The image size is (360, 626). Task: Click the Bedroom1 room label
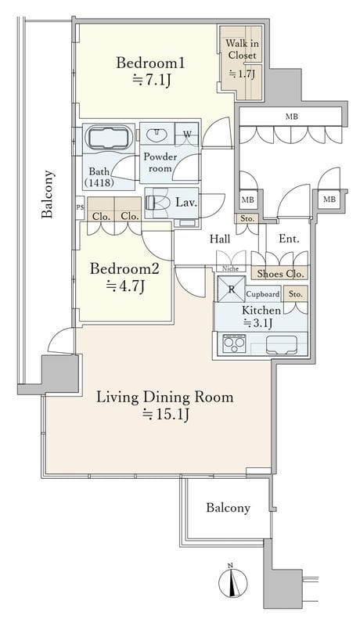coord(150,63)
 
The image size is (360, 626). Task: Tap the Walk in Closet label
coord(243,49)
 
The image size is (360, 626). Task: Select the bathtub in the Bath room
coord(108,139)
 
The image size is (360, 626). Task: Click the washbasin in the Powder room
coord(157,135)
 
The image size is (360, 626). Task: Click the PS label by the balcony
coord(80,207)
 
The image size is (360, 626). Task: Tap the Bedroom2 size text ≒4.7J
coord(124,286)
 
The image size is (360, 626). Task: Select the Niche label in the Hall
coord(230,268)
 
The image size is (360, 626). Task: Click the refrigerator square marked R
coord(232,290)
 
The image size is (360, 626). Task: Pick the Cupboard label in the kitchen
coord(263,294)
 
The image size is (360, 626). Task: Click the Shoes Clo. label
coord(281,274)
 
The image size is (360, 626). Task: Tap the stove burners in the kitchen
coord(234,343)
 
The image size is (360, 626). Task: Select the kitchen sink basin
coord(282,344)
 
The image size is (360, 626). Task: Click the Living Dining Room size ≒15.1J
coord(165,415)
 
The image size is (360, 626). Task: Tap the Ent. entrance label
coord(289,239)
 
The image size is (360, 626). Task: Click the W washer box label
coord(187,135)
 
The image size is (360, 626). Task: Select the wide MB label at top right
coord(292,117)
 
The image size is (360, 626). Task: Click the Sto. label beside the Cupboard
coord(295,294)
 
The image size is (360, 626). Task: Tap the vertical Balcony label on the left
coord(47,194)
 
